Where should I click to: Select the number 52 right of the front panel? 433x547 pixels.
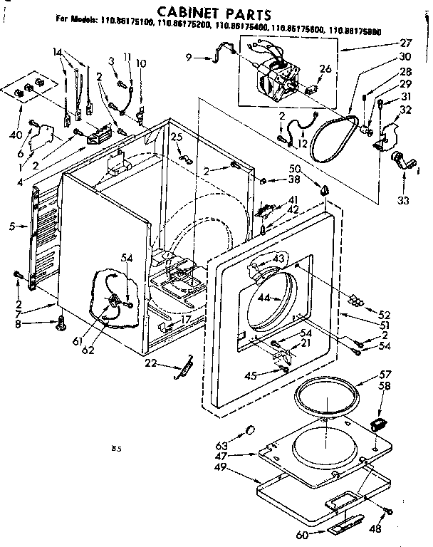385,314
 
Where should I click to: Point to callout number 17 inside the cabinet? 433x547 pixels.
185,320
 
